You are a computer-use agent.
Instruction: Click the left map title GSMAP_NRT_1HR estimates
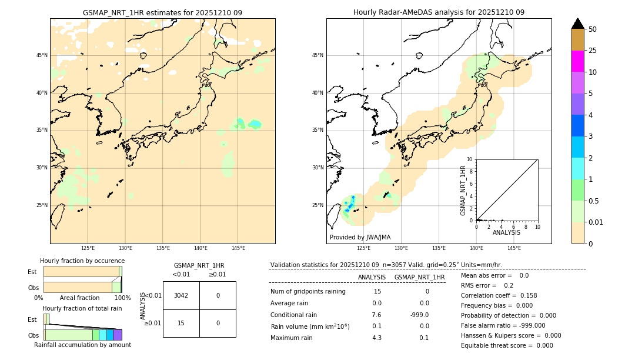click(162, 12)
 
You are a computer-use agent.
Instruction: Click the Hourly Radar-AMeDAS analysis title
click(439, 12)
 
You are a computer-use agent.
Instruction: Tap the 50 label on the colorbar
click(593, 29)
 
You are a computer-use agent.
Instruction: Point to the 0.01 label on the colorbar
click(596, 222)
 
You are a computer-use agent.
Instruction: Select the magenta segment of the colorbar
click(577, 61)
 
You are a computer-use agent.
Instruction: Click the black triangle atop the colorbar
click(577, 24)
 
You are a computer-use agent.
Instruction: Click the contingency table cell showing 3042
click(181, 295)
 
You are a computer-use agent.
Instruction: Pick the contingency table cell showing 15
click(181, 323)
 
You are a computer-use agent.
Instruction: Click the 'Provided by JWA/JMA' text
click(360, 237)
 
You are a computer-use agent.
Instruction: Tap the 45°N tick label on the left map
click(42, 55)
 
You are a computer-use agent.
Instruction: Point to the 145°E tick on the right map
click(514, 248)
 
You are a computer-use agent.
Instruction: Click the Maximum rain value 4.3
click(377, 338)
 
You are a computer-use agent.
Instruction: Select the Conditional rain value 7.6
click(377, 315)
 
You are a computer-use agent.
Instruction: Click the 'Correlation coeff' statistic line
click(499, 295)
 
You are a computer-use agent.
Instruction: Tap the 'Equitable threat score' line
click(507, 345)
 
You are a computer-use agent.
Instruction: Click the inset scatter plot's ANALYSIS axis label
click(506, 232)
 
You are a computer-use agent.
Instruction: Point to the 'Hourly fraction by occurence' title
click(82, 261)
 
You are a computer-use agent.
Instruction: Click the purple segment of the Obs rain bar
click(118, 335)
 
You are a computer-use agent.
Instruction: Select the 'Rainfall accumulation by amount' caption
click(82, 345)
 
